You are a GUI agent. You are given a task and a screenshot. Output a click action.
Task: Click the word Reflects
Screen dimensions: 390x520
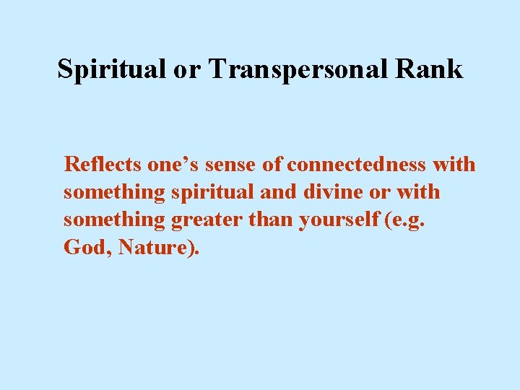pyautogui.click(x=103, y=165)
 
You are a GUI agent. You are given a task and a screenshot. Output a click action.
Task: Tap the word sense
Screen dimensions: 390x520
pyautogui.click(x=232, y=165)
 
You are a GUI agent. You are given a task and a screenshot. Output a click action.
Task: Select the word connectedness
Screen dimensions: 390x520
pyautogui.click(x=356, y=165)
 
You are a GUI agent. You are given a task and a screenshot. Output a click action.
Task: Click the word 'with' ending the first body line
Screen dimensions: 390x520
pyautogui.click(x=454, y=165)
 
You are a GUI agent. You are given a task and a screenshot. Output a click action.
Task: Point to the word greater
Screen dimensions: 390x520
pyautogui.click(x=208, y=220)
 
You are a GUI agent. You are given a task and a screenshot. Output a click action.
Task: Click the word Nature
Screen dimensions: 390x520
pyautogui.click(x=155, y=248)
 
